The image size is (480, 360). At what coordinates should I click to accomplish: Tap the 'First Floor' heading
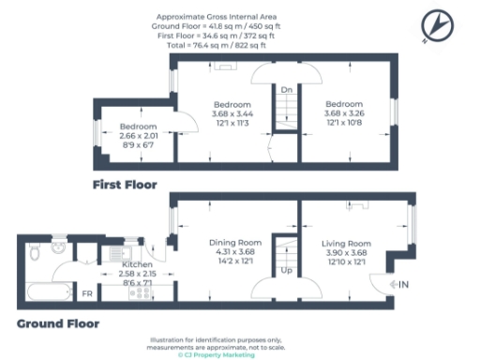pyautogui.click(x=125, y=184)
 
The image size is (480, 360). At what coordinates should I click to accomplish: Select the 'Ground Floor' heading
pyautogui.click(x=58, y=323)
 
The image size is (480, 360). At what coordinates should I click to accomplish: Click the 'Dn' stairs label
pyautogui.click(x=286, y=89)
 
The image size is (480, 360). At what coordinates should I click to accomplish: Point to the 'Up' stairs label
pyautogui.click(x=286, y=270)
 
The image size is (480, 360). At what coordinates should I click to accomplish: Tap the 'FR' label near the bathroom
pyautogui.click(x=87, y=294)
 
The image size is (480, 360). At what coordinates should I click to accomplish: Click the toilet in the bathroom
pyautogui.click(x=33, y=251)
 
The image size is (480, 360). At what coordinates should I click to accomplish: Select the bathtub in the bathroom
pyautogui.click(x=42, y=293)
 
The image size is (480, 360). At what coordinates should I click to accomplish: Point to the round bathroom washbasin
pyautogui.click(x=58, y=247)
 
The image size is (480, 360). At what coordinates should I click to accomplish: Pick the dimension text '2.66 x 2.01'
pyautogui.click(x=138, y=136)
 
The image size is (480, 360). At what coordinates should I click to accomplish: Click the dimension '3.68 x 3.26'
pyautogui.click(x=344, y=113)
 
